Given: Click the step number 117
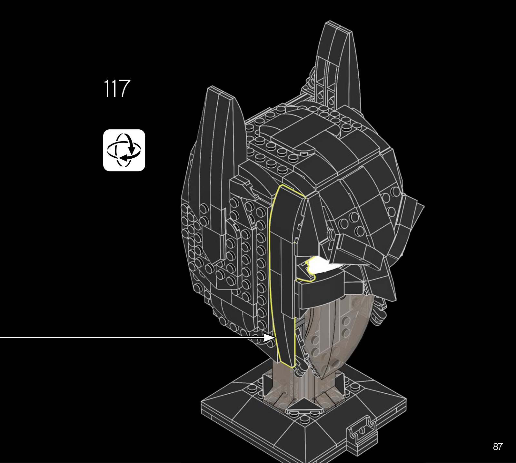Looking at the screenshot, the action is (117, 89).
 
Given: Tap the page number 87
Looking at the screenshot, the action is (498, 447).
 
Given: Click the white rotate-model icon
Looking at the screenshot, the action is (124, 150).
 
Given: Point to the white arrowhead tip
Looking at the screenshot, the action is (275, 338).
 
